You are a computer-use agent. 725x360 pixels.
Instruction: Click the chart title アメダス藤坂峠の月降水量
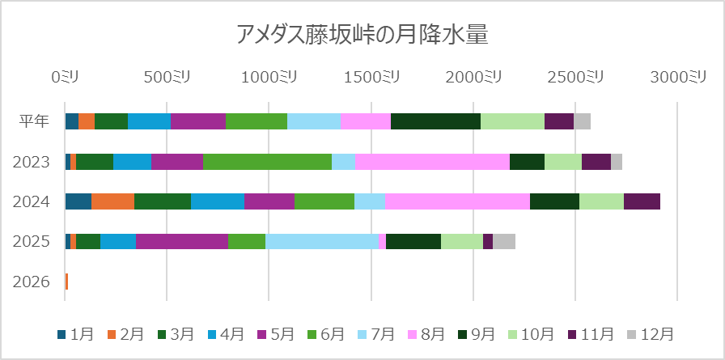(362, 34)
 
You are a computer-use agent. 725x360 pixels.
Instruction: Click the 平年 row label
(35, 121)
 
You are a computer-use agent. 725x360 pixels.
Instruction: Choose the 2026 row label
(32, 282)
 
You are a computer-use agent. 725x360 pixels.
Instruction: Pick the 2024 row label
(32, 201)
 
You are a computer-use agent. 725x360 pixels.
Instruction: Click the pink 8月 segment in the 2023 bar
(432, 162)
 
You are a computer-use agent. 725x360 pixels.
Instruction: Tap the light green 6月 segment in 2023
(267, 162)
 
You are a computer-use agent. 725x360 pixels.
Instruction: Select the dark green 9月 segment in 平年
(435, 121)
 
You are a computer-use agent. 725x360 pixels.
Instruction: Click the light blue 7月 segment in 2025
(321, 241)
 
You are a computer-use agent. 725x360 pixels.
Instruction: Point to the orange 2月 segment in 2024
(112, 201)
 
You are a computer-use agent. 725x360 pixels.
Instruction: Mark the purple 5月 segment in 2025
(182, 241)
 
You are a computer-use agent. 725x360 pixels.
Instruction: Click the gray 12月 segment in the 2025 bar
(504, 241)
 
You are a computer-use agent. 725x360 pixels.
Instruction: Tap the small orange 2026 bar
(66, 282)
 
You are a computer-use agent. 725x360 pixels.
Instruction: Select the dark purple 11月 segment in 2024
(642, 201)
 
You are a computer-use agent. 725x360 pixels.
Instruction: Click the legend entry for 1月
(75, 334)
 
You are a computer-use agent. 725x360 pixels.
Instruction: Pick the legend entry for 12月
(650, 334)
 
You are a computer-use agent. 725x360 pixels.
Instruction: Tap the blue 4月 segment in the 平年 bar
(149, 121)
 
